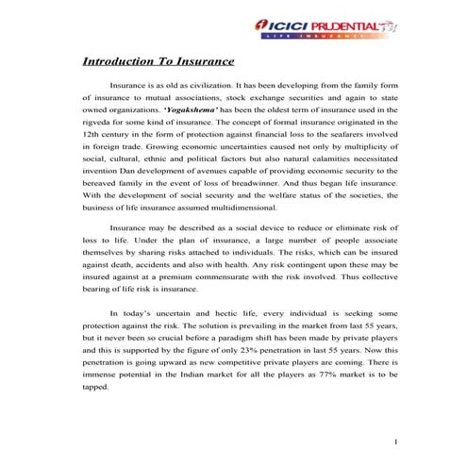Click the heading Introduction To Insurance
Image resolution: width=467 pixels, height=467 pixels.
point(158,62)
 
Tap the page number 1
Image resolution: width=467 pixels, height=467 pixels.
point(397,442)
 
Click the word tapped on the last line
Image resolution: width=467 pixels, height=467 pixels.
point(97,387)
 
